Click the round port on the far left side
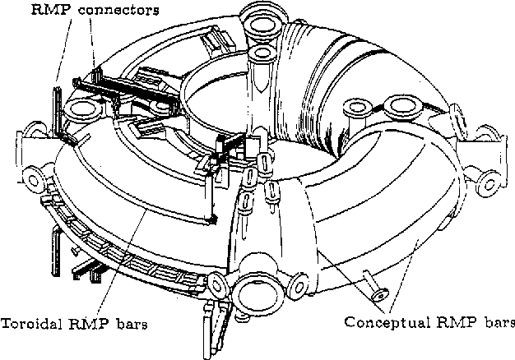coord(34,174)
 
